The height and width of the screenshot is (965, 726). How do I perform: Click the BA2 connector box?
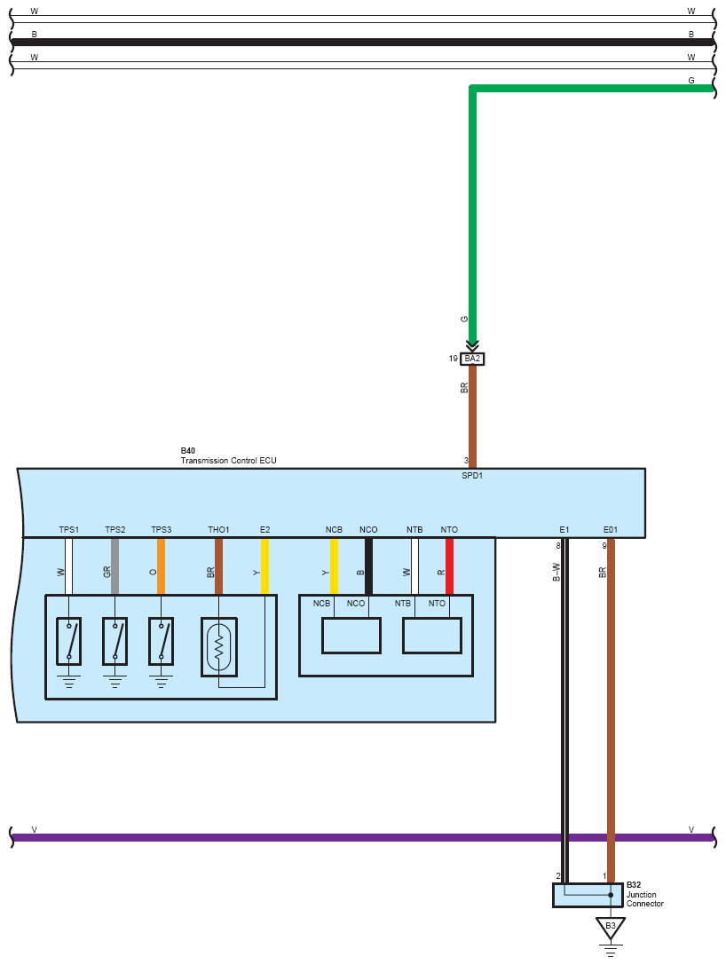[x=472, y=359]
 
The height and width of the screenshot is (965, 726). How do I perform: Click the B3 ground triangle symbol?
[x=611, y=927]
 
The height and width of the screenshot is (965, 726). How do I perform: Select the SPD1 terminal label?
[x=472, y=476]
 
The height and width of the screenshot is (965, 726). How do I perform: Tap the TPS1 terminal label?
[x=69, y=530]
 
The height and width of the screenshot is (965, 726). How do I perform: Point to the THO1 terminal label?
[x=218, y=530]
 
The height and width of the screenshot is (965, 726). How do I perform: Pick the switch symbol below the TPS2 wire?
[x=114, y=641]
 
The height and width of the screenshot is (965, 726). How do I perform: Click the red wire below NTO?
[x=449, y=566]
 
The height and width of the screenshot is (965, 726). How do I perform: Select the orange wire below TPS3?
[x=161, y=566]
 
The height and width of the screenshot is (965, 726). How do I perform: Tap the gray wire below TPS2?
[x=114, y=566]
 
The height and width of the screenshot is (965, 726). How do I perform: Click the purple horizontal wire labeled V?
[x=355, y=837]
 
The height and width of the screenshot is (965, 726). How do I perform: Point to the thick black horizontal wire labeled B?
[x=355, y=42]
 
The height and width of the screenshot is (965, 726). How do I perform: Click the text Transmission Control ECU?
[x=229, y=461]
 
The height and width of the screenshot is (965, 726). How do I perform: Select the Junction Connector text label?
[x=644, y=899]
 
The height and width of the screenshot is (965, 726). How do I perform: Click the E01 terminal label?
[x=611, y=530]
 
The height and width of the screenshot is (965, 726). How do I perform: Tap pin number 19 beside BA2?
[x=453, y=359]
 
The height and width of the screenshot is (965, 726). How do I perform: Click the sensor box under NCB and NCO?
[x=351, y=636]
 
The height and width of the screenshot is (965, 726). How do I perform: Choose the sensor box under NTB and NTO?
[x=432, y=636]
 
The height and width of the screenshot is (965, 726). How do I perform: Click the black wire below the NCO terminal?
[x=368, y=566]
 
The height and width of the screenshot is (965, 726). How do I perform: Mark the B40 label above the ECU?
[x=187, y=451]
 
